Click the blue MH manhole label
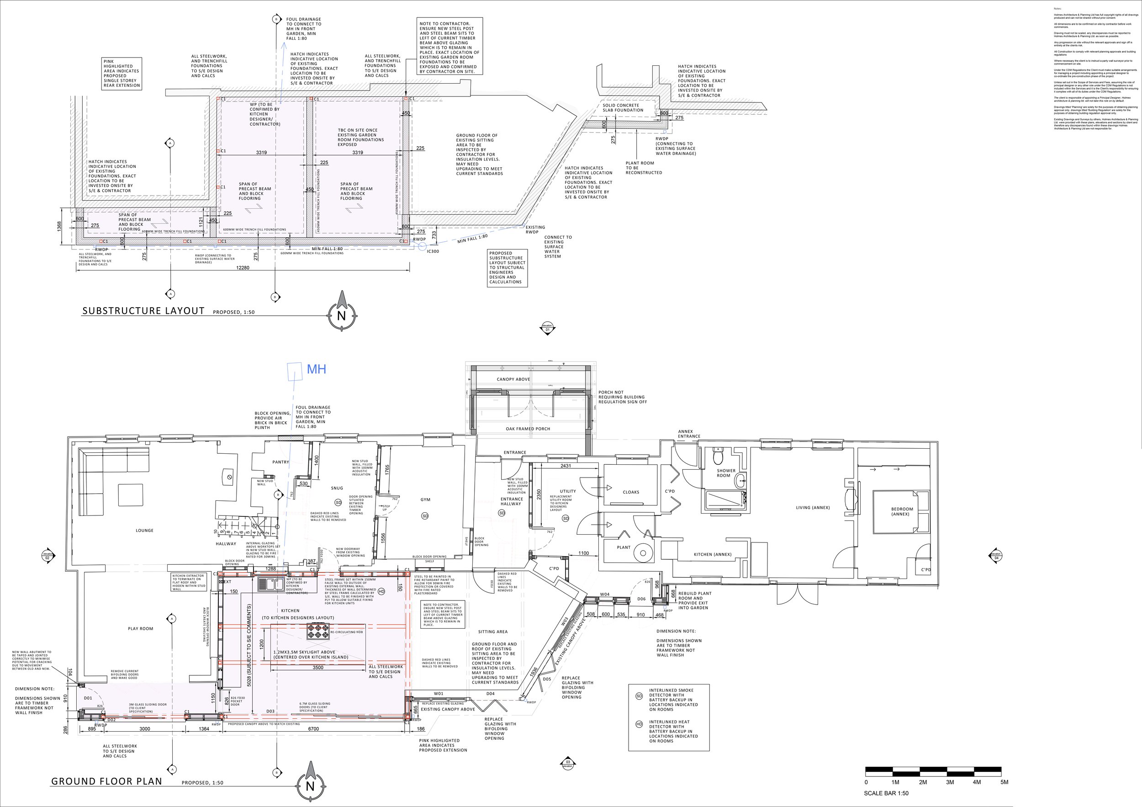(317, 369)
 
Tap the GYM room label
(425, 499)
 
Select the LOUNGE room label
(145, 531)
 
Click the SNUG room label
(337, 488)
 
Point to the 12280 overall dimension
(243, 268)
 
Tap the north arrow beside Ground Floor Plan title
(310, 783)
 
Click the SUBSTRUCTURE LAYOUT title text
(143, 311)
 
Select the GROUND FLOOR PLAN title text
(107, 781)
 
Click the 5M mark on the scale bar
(1004, 782)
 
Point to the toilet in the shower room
(718, 455)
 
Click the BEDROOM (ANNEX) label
(902, 511)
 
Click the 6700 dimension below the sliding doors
(313, 729)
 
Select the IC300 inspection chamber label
(433, 251)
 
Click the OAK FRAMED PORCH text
(528, 429)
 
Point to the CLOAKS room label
(631, 492)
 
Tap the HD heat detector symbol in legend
(639, 724)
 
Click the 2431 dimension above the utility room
(566, 466)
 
